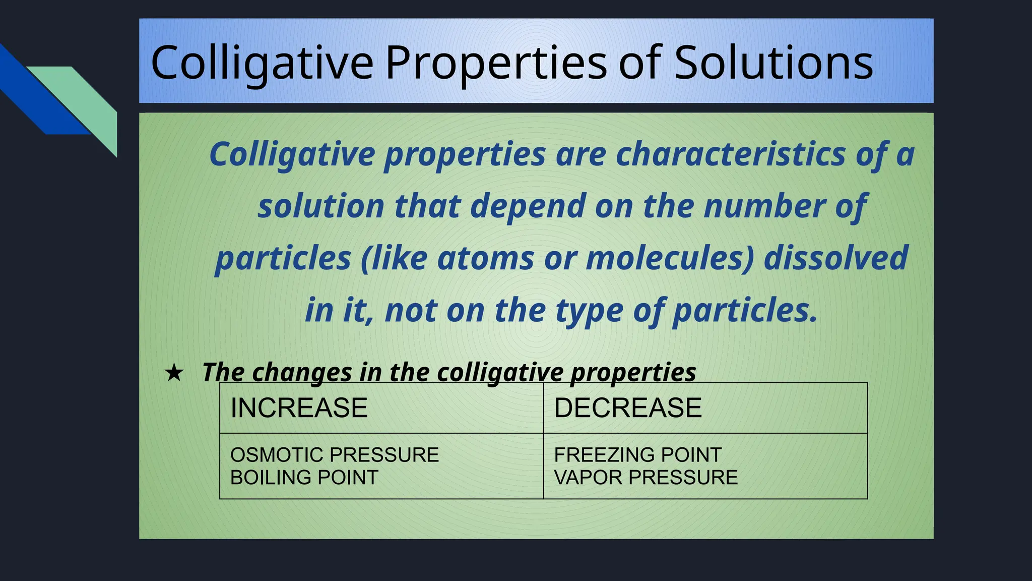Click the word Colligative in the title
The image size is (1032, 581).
[x=262, y=63]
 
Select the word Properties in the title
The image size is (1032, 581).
[x=496, y=63]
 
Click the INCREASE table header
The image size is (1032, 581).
[x=299, y=408]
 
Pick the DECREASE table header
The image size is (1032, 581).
[x=627, y=408]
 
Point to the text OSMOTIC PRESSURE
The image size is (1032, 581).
[x=334, y=455]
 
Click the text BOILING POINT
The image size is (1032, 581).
[x=304, y=477]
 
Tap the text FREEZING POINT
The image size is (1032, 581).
[x=637, y=455]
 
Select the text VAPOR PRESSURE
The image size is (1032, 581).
[x=646, y=477]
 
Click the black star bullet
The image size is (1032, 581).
[x=174, y=373]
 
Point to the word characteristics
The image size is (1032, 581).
[x=731, y=154]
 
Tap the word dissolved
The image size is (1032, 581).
[x=835, y=258]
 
